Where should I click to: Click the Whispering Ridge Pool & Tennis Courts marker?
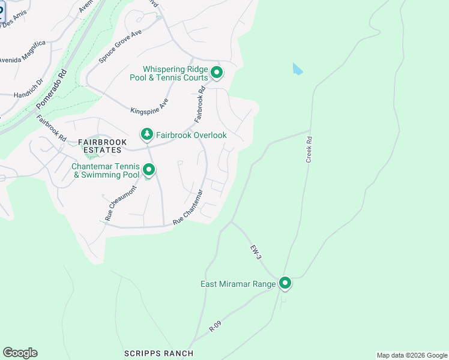point(217,74)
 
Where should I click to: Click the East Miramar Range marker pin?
point(285,283)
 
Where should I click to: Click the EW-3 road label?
point(256,251)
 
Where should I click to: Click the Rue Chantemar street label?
point(188,208)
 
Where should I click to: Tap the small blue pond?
point(297,69)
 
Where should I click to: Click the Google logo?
point(20,353)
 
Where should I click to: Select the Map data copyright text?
point(412,355)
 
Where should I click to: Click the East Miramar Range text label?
point(238,284)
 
